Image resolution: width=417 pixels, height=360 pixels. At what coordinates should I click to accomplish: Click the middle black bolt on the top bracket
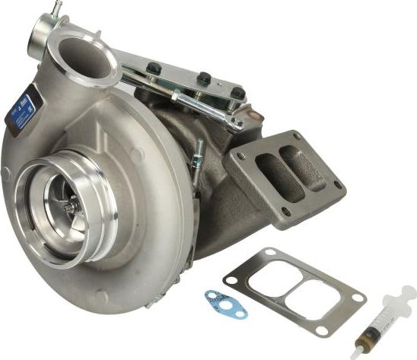pyautogui.click(x=203, y=78)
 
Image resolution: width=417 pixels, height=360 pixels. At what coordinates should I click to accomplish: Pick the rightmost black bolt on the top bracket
pyautogui.click(x=238, y=92)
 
